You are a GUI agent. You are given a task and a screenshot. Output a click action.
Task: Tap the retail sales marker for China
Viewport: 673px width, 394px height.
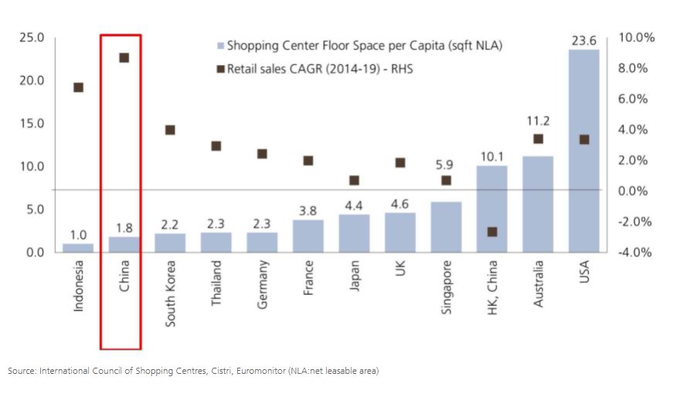(x=124, y=58)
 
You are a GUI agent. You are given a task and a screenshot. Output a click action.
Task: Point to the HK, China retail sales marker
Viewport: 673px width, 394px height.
(x=492, y=231)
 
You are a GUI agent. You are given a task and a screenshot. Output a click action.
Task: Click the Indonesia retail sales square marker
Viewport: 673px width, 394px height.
(x=78, y=87)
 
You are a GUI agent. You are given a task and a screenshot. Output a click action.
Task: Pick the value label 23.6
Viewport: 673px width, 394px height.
(x=583, y=41)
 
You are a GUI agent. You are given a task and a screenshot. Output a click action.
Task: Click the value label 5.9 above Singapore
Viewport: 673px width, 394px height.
(x=446, y=165)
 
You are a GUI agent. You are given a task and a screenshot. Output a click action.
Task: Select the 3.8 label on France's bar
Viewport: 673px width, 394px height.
(x=308, y=211)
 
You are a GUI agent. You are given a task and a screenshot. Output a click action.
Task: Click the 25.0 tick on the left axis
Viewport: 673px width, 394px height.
(x=31, y=38)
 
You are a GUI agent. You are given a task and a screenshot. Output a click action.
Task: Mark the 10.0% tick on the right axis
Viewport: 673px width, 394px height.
(x=638, y=38)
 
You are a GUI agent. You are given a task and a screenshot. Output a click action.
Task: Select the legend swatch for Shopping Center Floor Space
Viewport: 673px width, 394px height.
(x=221, y=46)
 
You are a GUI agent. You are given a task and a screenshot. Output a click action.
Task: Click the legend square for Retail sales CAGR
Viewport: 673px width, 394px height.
(x=221, y=69)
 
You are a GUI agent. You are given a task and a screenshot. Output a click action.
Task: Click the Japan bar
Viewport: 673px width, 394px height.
(x=354, y=233)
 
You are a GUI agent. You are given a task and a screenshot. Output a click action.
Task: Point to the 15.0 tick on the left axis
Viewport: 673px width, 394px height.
(x=31, y=124)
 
